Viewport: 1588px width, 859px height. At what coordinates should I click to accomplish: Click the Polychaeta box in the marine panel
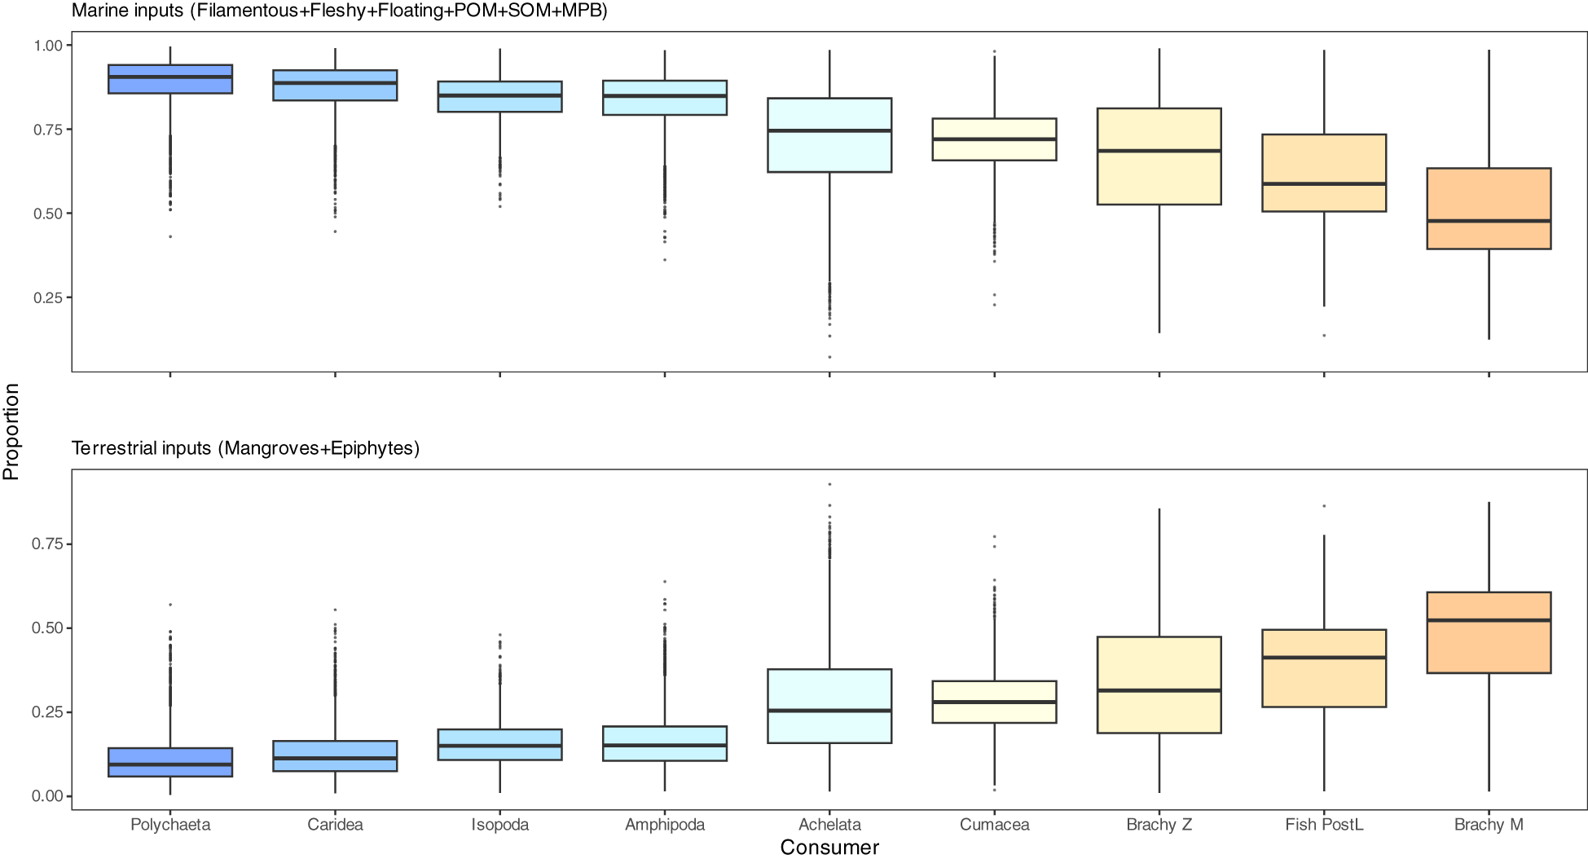coord(170,79)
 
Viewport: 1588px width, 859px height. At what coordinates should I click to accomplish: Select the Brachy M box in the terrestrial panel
coord(1489,632)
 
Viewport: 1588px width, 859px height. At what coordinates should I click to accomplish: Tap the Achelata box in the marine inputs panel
coord(829,135)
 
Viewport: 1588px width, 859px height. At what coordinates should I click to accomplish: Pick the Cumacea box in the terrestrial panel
coord(994,702)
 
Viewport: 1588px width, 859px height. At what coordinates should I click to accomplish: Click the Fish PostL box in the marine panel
coord(1324,173)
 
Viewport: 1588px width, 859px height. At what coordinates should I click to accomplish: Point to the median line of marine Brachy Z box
coord(1159,151)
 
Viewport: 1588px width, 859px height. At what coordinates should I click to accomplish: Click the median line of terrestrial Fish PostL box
coord(1324,657)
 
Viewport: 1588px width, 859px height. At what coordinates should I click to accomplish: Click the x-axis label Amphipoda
coord(664,825)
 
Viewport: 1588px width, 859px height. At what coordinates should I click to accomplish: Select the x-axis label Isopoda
coord(499,825)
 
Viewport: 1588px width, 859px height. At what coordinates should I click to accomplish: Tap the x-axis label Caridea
coord(335,825)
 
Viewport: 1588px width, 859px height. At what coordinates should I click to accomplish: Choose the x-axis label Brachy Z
coord(1159,825)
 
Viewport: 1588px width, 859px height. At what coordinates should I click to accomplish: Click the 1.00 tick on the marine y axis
coord(48,46)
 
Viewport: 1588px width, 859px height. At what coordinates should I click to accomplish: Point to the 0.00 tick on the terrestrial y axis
coord(48,796)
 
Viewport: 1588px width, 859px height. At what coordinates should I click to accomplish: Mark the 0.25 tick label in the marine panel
coord(48,298)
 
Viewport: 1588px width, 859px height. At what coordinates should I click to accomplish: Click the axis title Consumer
coord(829,848)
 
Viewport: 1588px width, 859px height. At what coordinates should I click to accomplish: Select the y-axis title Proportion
coord(11,431)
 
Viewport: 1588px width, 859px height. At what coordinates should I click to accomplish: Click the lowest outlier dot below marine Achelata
coord(829,357)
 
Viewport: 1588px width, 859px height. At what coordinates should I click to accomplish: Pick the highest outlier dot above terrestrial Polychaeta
coord(170,605)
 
